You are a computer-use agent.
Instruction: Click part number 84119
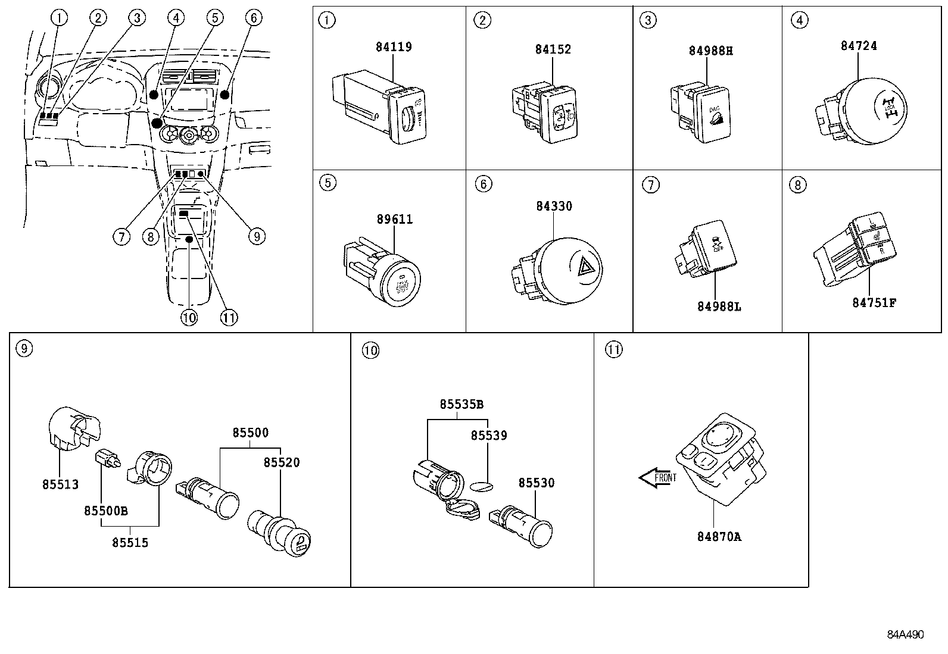tap(394, 46)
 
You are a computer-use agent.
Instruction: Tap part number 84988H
tap(710, 51)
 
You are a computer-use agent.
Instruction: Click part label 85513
tap(60, 484)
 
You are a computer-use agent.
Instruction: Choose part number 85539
tap(489, 436)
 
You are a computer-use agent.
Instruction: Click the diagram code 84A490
tap(905, 634)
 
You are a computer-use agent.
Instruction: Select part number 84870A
tap(719, 536)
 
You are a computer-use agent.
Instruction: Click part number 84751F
tap(874, 302)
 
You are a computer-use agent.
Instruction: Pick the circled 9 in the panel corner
tap(23, 349)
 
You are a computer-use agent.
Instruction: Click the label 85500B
tap(106, 511)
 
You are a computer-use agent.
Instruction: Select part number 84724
tap(858, 45)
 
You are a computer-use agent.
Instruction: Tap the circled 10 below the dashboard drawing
tap(189, 318)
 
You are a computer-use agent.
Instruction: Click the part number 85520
tap(282, 462)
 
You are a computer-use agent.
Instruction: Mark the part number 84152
tap(553, 49)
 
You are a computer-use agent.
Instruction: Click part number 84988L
tap(719, 306)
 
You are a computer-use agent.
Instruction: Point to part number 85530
tap(536, 483)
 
